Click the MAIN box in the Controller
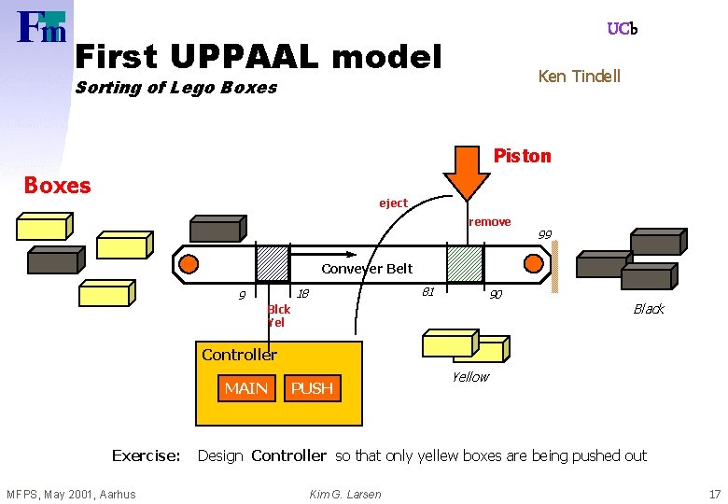point(246,388)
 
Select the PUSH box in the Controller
point(312,388)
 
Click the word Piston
point(522,156)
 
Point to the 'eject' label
point(393,203)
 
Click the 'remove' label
point(489,222)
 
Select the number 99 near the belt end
point(545,233)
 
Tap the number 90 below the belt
point(497,295)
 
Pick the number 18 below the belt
point(302,295)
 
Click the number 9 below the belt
point(242,296)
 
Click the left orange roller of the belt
point(189,264)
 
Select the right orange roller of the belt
point(535,264)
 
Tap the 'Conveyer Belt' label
point(367,269)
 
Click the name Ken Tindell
point(579,77)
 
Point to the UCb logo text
point(622,29)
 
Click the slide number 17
point(714,494)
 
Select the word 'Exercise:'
point(146,455)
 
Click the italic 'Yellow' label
point(469,377)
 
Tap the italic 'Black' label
point(648,309)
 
